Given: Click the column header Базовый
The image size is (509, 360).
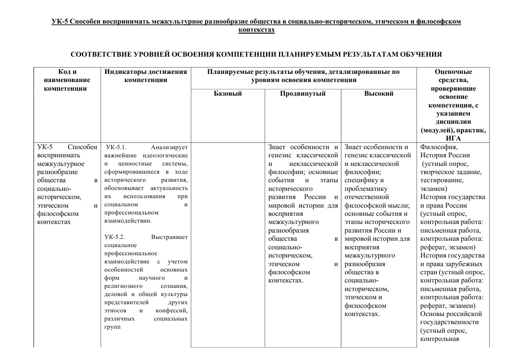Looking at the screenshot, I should click(228, 93).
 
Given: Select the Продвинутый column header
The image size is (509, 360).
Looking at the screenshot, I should click(303, 93).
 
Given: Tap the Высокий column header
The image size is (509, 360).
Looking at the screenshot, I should click(378, 93).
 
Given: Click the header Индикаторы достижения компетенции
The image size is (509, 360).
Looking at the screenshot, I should click(145, 76).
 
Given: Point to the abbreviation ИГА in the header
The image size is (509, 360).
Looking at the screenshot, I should click(453, 138).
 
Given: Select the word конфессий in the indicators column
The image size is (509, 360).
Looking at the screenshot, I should click(172, 311).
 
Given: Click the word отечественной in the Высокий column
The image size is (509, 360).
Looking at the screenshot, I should click(367, 197).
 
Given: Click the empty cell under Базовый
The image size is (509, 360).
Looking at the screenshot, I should click(228, 245).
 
